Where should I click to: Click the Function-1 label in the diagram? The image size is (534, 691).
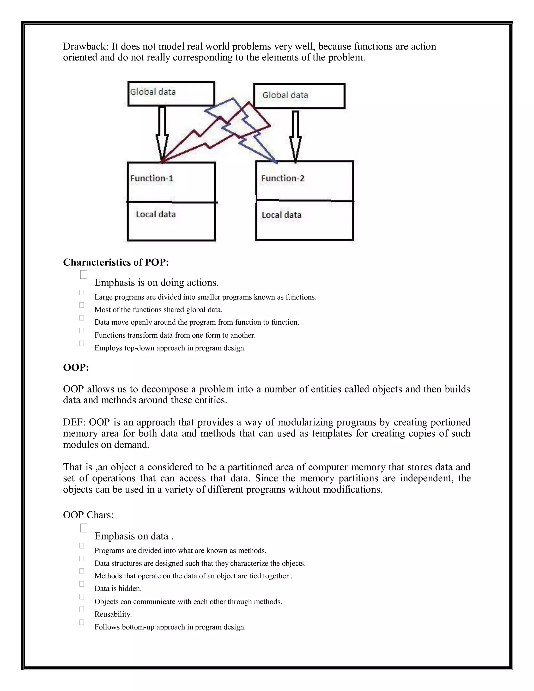151,178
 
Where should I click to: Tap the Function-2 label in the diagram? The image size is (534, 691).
282,178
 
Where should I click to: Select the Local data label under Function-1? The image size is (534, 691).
156,215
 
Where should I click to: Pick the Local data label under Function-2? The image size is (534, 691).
282,215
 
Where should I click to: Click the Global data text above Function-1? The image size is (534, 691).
153,92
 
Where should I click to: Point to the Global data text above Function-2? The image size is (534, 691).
285,95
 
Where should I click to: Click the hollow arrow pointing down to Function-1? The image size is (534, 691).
162,133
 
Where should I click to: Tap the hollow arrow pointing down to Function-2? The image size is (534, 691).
295,136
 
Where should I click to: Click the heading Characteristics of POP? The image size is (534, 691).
116,262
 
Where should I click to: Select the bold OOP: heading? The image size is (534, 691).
76,367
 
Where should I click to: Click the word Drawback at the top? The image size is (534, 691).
85,46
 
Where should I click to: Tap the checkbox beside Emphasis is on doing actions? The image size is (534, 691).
83,275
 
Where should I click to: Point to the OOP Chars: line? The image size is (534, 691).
88,515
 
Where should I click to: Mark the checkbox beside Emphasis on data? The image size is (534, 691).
83,528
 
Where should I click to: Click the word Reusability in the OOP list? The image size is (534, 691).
113,614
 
